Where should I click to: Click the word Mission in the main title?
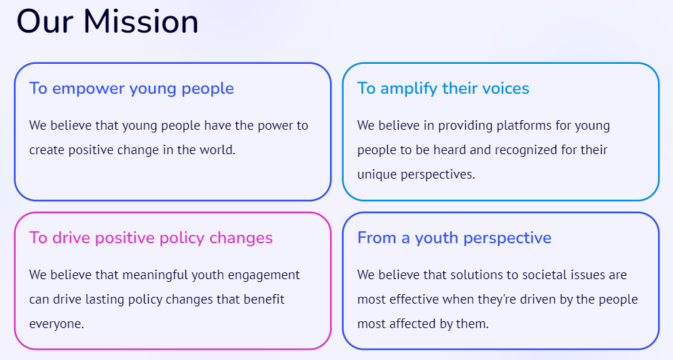pyautogui.click(x=141, y=22)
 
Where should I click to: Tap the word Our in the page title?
pyautogui.click(x=45, y=22)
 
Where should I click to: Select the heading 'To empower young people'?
pyautogui.click(x=131, y=88)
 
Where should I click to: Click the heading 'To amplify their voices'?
pyautogui.click(x=443, y=88)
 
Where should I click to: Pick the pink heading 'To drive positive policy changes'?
pyautogui.click(x=151, y=238)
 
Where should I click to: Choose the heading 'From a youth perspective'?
pyautogui.click(x=454, y=238)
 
